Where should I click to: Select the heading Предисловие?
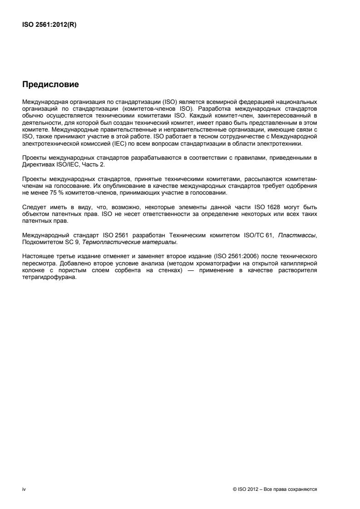(50, 84)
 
